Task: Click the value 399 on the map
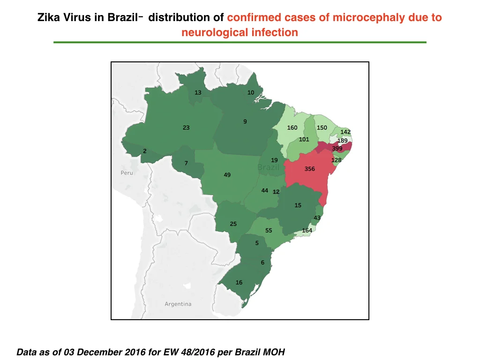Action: click(337, 149)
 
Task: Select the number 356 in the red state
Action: click(309, 169)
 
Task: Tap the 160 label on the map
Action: click(292, 127)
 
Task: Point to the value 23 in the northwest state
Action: click(186, 127)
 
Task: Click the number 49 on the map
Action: click(227, 175)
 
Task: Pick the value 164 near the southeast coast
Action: click(307, 231)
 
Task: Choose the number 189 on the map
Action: click(343, 141)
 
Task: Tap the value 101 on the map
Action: click(304, 139)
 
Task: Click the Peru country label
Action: click(127, 173)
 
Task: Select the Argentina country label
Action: click(178, 304)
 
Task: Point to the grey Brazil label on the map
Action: click(268, 167)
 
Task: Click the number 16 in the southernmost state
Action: click(239, 283)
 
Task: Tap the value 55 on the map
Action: click(269, 231)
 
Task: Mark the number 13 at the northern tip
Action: click(198, 92)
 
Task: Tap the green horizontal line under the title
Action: click(240, 42)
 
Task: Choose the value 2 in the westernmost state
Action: click(145, 151)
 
